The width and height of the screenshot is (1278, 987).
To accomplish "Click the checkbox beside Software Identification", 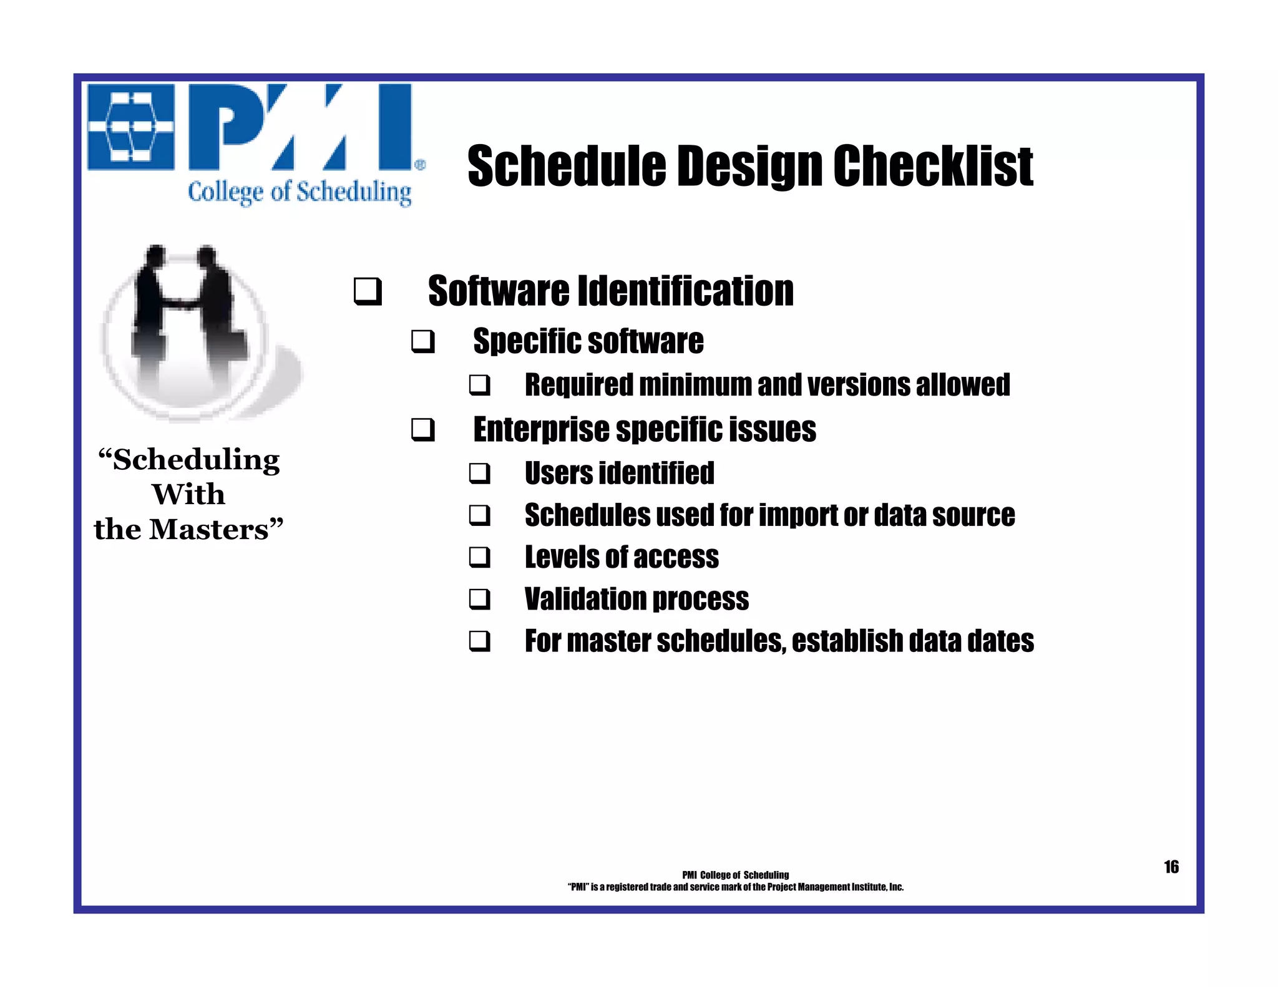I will [x=367, y=291].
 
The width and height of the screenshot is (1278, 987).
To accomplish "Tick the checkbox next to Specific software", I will [x=422, y=342].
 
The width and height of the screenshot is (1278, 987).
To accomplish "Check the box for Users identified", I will [x=479, y=474].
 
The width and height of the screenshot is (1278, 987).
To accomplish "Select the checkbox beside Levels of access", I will [x=479, y=557].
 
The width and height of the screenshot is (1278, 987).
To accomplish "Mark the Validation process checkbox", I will [x=479, y=600].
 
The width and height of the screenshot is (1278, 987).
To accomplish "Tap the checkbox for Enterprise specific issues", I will [x=422, y=430].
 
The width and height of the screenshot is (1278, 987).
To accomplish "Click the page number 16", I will [x=1171, y=867].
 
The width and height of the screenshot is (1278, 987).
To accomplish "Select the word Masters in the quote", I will [x=209, y=530].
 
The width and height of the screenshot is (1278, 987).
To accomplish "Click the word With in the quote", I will [x=188, y=495].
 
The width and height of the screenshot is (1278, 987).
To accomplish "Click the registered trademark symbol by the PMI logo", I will [x=420, y=165].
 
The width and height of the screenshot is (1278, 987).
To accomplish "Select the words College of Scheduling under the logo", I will [x=300, y=192].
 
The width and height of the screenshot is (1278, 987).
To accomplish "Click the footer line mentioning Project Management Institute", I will [x=735, y=887].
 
